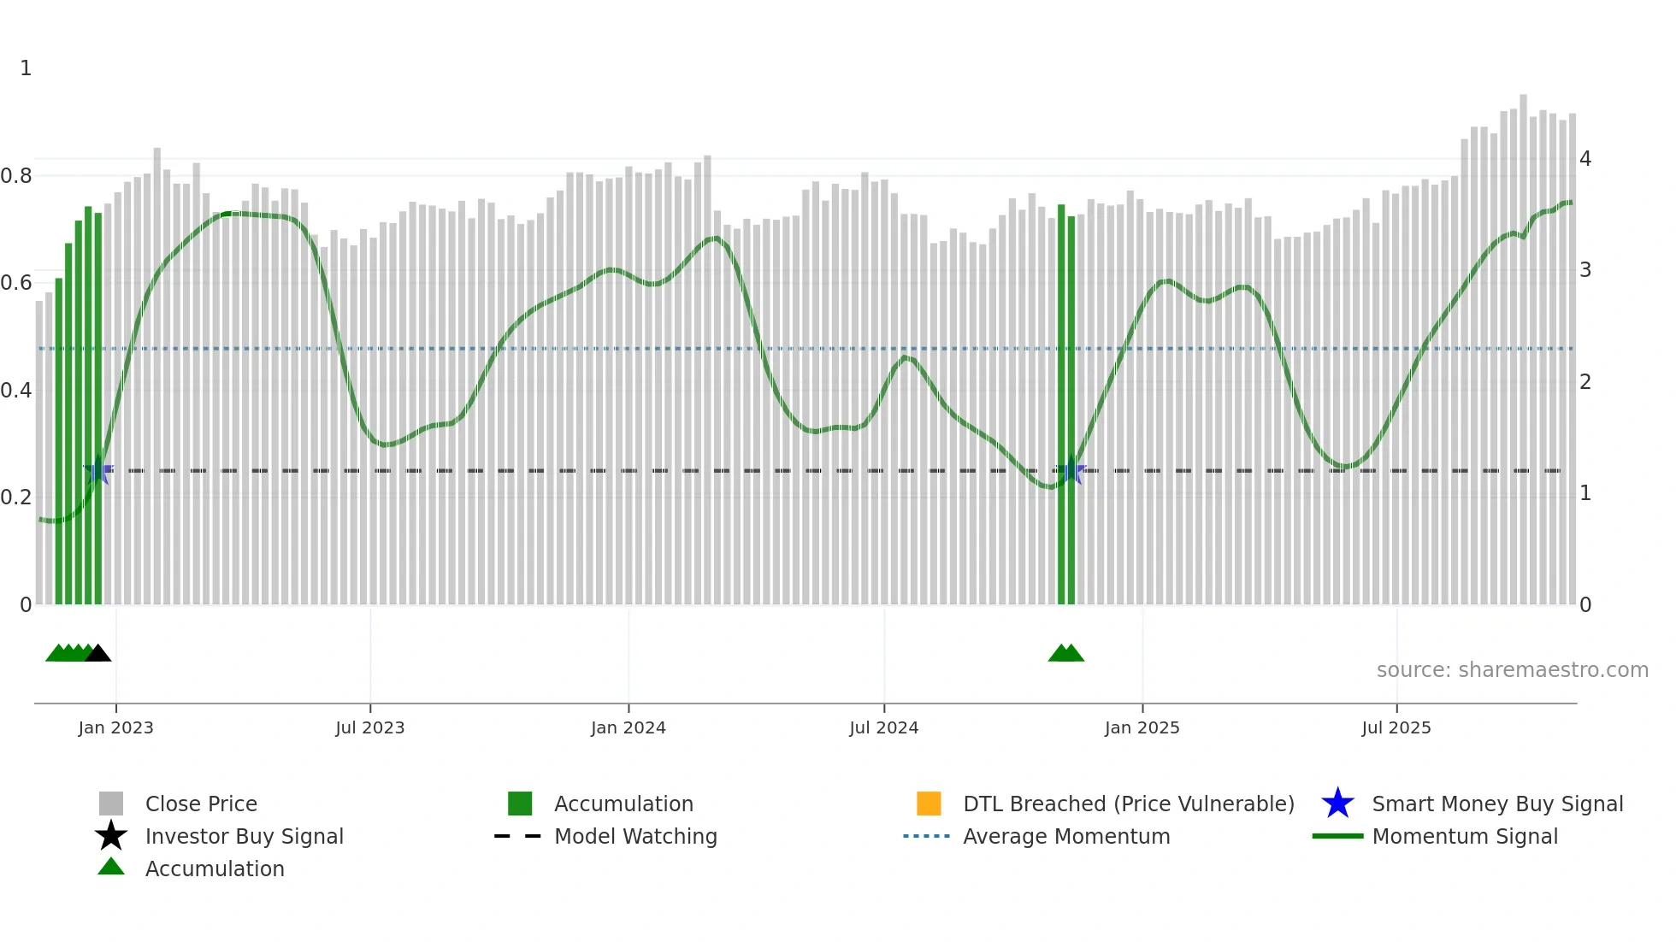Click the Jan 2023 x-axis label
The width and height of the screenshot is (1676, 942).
pos(115,728)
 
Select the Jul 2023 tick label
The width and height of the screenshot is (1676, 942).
pos(369,728)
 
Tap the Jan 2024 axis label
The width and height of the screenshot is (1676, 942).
pos(628,728)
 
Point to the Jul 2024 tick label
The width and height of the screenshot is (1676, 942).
pos(883,728)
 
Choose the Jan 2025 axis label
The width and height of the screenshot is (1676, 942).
pos(1142,728)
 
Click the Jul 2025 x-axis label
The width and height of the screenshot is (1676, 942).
pos(1396,728)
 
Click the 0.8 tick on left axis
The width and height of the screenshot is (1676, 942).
pos(16,176)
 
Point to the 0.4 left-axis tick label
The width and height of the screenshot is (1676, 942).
pos(16,391)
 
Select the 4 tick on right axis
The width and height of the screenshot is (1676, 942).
pos(1585,159)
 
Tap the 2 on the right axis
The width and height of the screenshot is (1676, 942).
pos(1585,382)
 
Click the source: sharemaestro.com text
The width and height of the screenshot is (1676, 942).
pos(1512,670)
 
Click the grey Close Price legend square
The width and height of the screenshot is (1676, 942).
pos(111,804)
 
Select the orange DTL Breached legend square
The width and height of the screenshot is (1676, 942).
pos(929,804)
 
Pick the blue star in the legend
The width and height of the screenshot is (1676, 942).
pos(1337,804)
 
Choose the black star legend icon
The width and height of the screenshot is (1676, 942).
pos(111,836)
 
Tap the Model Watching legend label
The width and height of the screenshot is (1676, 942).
pos(635,836)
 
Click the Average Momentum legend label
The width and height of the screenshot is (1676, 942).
pos(1066,836)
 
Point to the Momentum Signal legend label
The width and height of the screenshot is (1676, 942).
pos(1465,836)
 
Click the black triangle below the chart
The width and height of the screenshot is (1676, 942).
pos(98,654)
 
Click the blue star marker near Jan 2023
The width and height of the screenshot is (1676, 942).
pos(98,470)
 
